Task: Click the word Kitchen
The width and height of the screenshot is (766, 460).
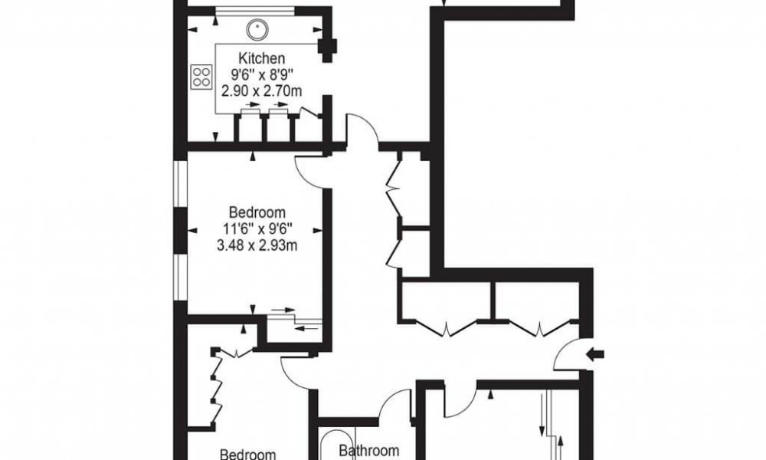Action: [261, 59]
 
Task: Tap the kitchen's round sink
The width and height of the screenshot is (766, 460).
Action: [256, 30]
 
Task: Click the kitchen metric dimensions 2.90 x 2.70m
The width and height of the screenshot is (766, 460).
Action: [261, 91]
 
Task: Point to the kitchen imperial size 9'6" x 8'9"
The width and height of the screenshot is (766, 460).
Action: [262, 75]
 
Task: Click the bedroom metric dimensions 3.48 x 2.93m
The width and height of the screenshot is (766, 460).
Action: [257, 245]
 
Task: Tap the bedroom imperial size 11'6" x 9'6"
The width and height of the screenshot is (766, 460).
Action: [257, 228]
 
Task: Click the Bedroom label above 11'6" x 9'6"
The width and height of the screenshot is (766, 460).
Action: [257, 212]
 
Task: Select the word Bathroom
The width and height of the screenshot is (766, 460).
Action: [369, 450]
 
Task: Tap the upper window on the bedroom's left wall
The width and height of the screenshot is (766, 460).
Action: [182, 184]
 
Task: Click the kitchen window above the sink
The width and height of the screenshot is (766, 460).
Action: [255, 10]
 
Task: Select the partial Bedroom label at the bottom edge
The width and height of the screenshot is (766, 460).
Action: [247, 455]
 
